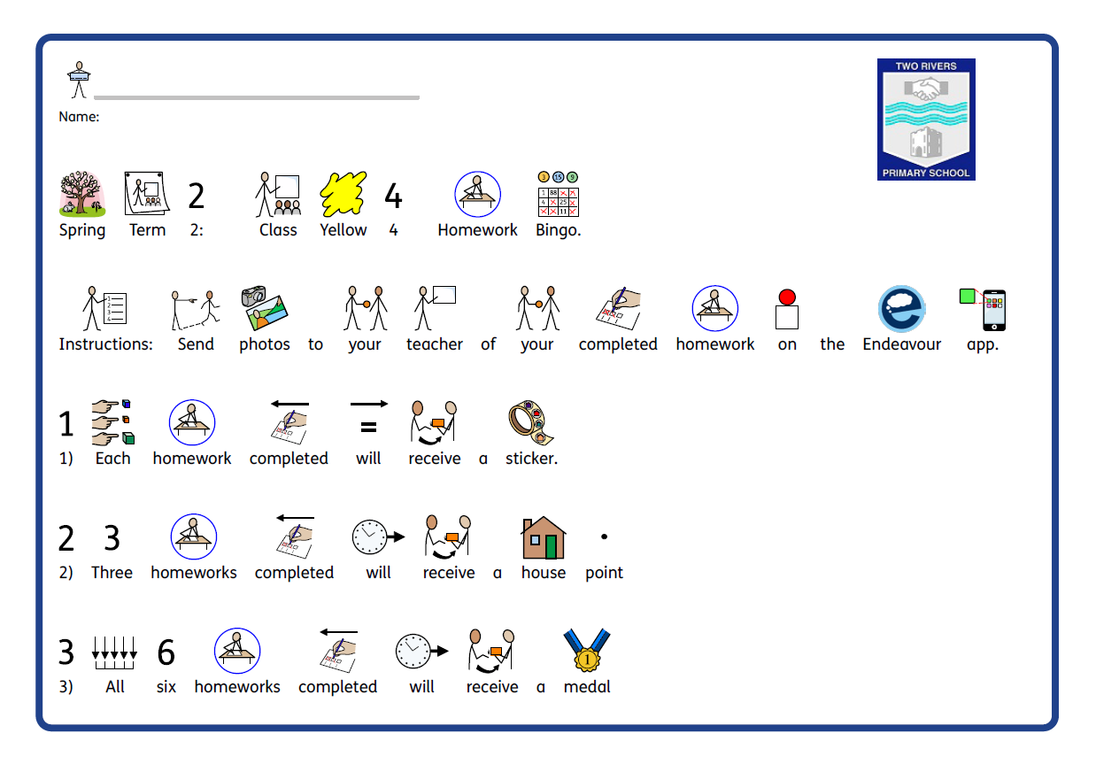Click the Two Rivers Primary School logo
(926, 120)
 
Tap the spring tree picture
(82, 194)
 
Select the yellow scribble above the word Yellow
(343, 194)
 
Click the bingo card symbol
(559, 194)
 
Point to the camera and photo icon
(264, 308)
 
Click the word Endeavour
(901, 344)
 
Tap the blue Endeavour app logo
(902, 308)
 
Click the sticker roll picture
(531, 422)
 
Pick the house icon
(544, 537)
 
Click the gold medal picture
(587, 650)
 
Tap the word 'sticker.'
(531, 459)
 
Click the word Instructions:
(105, 344)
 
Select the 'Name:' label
(79, 117)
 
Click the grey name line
(257, 98)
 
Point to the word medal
(587, 687)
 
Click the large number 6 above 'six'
(166, 652)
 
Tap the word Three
(112, 573)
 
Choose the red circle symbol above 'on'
(787, 297)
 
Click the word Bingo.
(559, 230)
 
